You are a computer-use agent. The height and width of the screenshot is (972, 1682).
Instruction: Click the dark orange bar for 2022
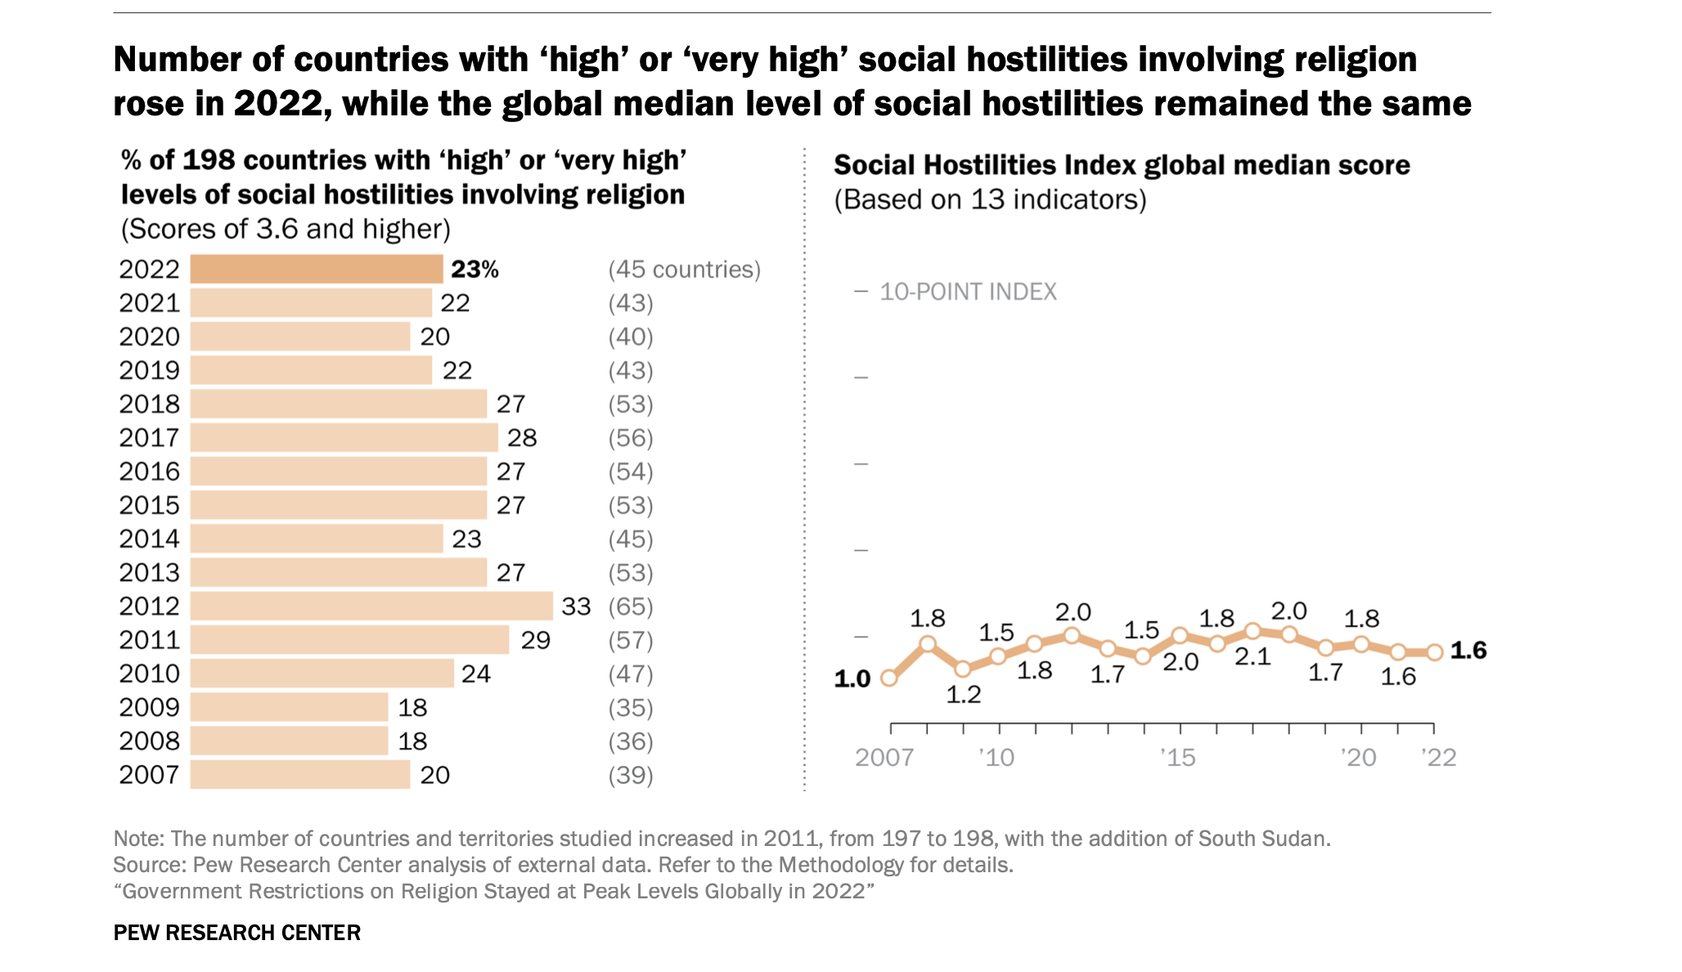tap(316, 269)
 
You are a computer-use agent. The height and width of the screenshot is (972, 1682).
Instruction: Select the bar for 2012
tap(371, 606)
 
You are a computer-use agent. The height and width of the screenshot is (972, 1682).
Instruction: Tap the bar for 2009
tap(289, 707)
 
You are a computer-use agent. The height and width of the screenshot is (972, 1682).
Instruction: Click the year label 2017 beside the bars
tap(149, 438)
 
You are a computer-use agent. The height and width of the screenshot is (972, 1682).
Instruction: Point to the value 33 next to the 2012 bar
tap(576, 606)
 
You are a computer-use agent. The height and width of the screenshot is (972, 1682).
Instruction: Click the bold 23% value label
tap(474, 269)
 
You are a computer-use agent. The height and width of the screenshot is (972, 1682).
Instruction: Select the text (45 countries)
tap(684, 269)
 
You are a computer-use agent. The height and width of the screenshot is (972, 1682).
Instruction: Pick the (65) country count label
tap(630, 606)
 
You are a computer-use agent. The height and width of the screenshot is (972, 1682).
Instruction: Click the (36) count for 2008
tap(630, 741)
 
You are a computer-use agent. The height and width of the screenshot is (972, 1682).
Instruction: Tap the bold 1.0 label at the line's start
tap(852, 679)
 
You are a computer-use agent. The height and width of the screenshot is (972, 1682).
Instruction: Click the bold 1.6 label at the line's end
tap(1468, 650)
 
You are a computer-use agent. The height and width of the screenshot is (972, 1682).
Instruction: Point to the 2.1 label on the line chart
tap(1253, 657)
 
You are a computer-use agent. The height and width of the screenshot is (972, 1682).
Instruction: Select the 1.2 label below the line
tap(963, 695)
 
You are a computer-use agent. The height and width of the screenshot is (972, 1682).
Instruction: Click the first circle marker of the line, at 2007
tap(889, 677)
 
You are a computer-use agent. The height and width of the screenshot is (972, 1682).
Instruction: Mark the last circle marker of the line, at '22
tap(1433, 652)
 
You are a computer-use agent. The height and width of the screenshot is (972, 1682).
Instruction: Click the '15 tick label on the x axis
tap(1177, 758)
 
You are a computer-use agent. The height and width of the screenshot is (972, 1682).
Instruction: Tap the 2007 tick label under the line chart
tap(884, 758)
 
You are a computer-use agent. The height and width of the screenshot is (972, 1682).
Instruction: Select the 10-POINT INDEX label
tap(967, 292)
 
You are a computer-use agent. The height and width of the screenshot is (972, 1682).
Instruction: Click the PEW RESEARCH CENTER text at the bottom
tap(236, 933)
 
